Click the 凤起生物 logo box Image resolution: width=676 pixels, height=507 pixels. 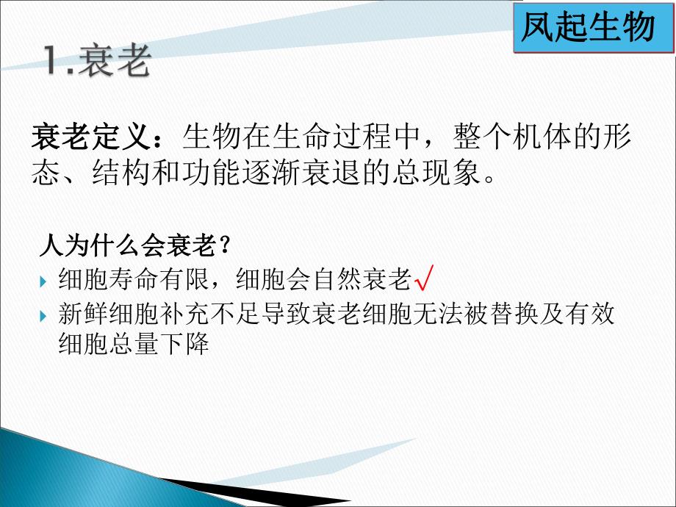tap(587, 28)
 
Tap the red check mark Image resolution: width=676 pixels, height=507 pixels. tap(424, 279)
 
